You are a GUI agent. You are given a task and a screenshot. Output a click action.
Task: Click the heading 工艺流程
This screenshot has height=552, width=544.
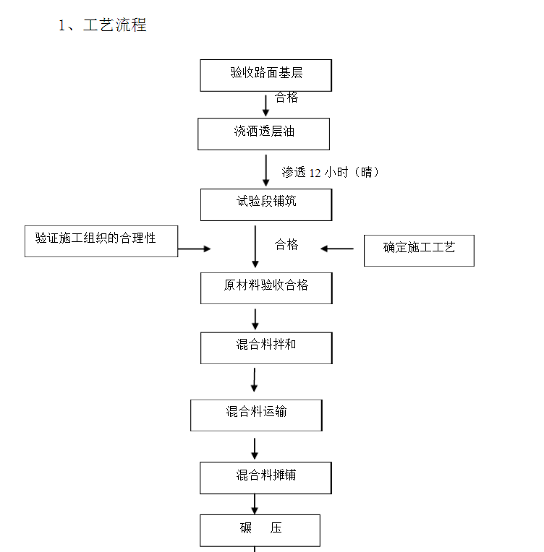pyautogui.click(x=114, y=25)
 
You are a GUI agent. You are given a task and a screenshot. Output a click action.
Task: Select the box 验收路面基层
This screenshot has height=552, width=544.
pyautogui.click(x=265, y=75)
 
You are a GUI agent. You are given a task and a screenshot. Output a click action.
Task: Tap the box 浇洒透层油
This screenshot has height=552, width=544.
pyautogui.click(x=264, y=134)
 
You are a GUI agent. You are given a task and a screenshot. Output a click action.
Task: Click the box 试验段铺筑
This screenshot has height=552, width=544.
pyautogui.click(x=266, y=205)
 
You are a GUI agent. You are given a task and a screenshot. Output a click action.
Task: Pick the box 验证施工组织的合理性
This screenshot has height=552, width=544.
pyautogui.click(x=101, y=241)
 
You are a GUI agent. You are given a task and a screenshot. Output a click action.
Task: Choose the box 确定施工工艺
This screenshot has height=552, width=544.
pyautogui.click(x=419, y=251)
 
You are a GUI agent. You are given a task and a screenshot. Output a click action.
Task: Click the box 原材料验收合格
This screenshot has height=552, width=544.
pyautogui.click(x=266, y=288)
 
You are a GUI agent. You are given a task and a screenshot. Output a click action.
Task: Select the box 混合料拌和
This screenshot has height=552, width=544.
pyautogui.click(x=266, y=348)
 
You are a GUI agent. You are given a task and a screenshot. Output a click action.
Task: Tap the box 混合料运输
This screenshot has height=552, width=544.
pyautogui.click(x=256, y=415)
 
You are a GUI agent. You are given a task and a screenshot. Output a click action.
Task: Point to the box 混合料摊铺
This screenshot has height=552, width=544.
pyautogui.click(x=265, y=478)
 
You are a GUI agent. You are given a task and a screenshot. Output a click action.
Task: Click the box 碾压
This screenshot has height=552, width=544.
pyautogui.click(x=260, y=530)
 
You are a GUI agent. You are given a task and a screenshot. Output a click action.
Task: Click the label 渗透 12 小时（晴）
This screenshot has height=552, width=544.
pyautogui.click(x=331, y=172)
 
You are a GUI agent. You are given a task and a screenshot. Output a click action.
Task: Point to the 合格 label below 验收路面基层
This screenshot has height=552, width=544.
pyautogui.click(x=286, y=97)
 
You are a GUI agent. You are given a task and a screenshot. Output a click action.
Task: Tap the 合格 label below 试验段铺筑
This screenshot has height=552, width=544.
pyautogui.click(x=286, y=244)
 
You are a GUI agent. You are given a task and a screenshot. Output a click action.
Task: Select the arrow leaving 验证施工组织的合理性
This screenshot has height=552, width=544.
pyautogui.click(x=195, y=249)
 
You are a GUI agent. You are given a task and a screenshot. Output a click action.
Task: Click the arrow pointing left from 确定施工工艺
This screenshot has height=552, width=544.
pyautogui.click(x=337, y=249)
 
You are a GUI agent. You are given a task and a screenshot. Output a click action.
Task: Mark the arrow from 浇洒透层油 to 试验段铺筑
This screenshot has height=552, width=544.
pyautogui.click(x=266, y=171)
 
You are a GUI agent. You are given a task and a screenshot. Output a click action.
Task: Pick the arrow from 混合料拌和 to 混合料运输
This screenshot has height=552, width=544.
pyautogui.click(x=254, y=380)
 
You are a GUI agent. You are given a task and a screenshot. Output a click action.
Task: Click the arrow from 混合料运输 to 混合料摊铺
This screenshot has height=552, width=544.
pyautogui.click(x=255, y=449)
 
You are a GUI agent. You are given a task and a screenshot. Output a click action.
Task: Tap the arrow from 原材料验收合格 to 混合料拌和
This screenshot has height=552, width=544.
pyautogui.click(x=255, y=319)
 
